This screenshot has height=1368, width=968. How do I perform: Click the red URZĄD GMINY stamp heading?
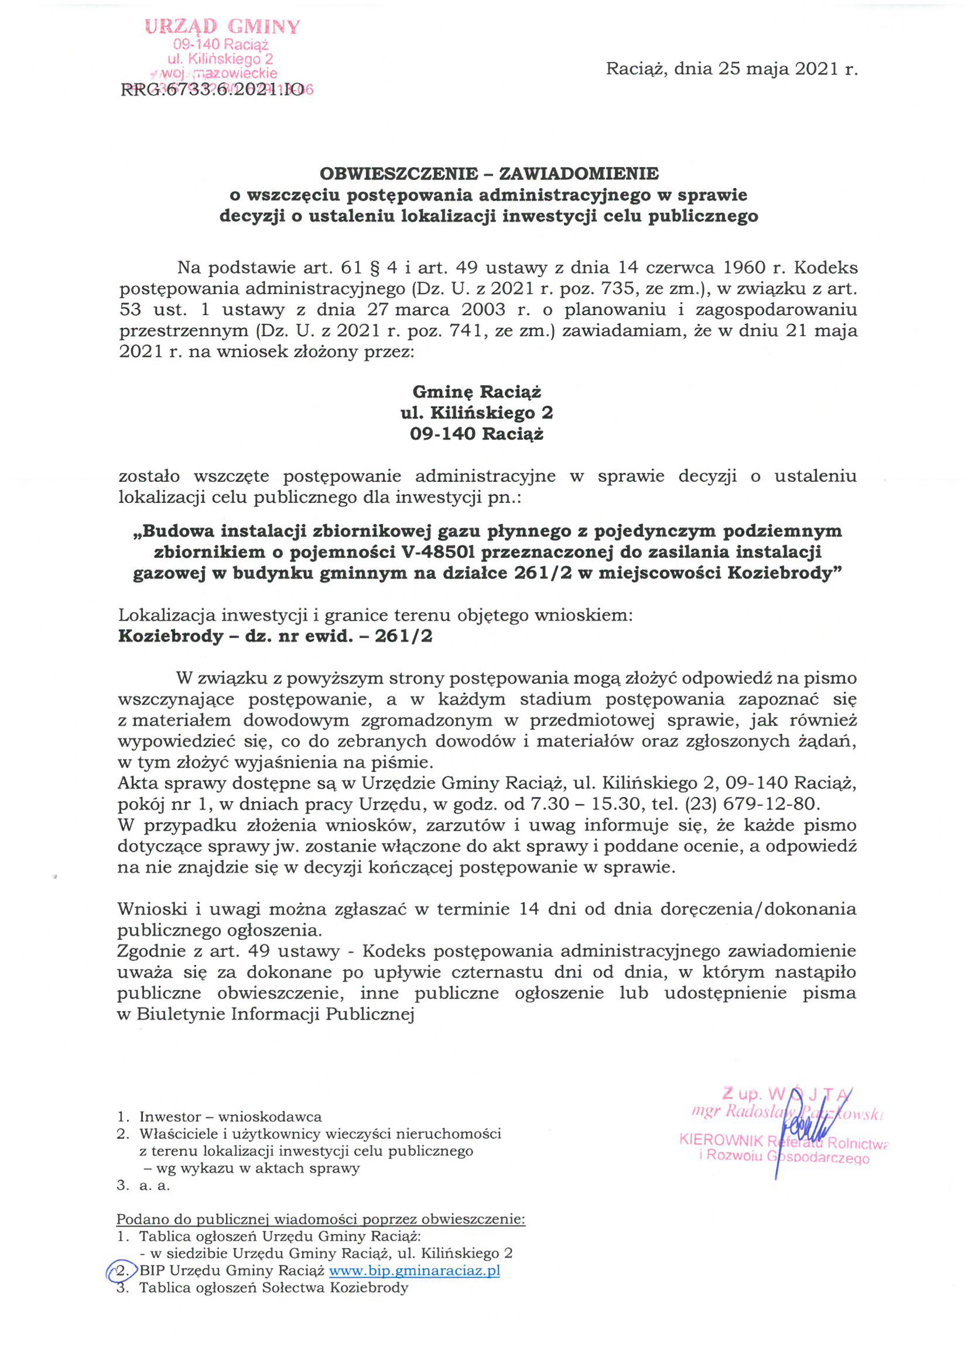222,27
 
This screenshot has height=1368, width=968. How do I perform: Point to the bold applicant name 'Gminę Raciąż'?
477,392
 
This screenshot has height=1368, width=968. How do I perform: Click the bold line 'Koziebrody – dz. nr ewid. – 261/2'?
275,636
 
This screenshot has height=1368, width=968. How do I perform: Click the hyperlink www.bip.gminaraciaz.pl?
414,1270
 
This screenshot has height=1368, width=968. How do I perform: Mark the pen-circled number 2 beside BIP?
121,1271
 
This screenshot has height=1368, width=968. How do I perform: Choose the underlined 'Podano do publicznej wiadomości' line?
321,1220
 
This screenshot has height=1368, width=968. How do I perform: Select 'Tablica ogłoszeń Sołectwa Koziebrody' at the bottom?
274,1288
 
